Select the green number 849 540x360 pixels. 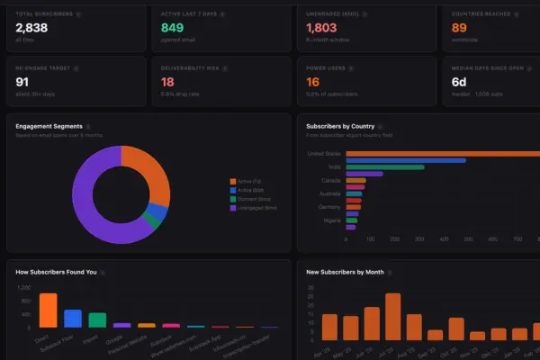[173, 29]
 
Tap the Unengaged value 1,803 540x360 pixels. [320, 29]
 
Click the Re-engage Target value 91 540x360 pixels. [22, 82]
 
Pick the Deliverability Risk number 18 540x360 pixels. [167, 82]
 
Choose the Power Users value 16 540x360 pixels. [312, 82]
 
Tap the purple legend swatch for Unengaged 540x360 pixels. [232, 209]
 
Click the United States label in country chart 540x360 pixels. [325, 153]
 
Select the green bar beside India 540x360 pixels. [385, 166]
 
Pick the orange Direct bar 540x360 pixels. [48, 310]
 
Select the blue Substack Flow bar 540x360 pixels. [73, 318]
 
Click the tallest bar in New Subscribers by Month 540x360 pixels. [392, 316]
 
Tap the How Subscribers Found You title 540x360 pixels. [56, 271]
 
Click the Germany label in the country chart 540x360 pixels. [330, 206]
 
